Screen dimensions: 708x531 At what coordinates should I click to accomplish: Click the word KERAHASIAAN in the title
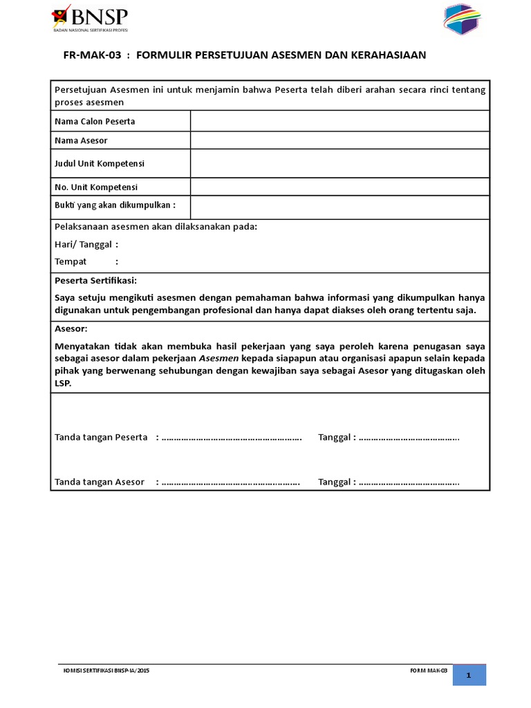pyautogui.click(x=389, y=55)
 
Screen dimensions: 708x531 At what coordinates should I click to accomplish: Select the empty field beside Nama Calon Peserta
pyautogui.click(x=339, y=121)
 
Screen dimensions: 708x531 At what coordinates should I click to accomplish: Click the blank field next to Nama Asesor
pyautogui.click(x=339, y=140)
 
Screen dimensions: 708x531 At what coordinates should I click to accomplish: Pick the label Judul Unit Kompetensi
pyautogui.click(x=100, y=164)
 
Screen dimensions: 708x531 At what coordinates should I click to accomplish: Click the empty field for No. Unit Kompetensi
pyautogui.click(x=339, y=187)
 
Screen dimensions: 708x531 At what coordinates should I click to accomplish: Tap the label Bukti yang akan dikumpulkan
pyautogui.click(x=115, y=205)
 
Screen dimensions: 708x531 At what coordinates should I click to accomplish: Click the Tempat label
pyautogui.click(x=71, y=261)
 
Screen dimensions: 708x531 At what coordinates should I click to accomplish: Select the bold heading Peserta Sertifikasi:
pyautogui.click(x=95, y=280)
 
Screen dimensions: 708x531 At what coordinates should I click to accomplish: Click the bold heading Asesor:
pyautogui.click(x=71, y=328)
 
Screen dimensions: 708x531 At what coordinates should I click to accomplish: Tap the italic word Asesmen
pyautogui.click(x=218, y=358)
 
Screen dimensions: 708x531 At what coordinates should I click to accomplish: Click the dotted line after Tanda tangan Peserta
pyautogui.click(x=232, y=438)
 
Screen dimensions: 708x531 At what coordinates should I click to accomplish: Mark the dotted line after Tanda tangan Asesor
pyautogui.click(x=230, y=482)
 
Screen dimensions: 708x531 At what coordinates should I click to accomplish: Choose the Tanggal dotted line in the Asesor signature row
pyautogui.click(x=409, y=482)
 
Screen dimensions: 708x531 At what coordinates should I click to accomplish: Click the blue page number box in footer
pyautogui.click(x=469, y=676)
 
